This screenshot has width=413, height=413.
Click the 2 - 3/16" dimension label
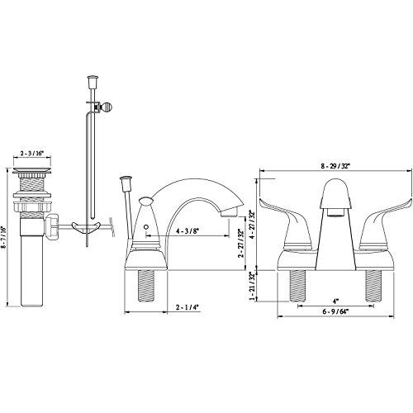click(32, 154)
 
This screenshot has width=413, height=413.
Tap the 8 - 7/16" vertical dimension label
click(3, 237)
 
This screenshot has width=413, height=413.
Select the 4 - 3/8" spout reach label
click(188, 231)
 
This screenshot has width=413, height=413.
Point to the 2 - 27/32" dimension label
click(241, 243)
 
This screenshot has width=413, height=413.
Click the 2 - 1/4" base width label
click(188, 307)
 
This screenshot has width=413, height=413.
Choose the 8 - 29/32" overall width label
click(335, 166)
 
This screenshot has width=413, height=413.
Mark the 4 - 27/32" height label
click(251, 225)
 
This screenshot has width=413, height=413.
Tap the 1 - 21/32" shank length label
click(251, 287)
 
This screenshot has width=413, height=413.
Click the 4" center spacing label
click(335, 301)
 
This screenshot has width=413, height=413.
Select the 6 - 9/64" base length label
click(335, 311)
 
